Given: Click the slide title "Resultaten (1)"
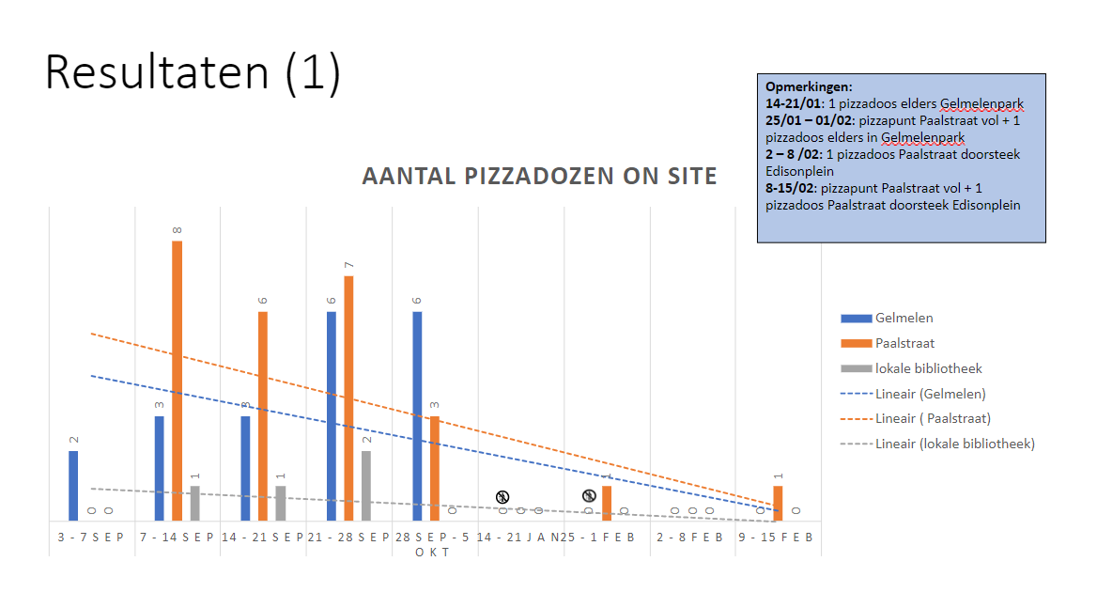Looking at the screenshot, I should click(193, 72).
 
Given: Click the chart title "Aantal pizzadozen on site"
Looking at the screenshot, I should click(539, 176).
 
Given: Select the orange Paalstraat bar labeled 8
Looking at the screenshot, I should click(177, 381).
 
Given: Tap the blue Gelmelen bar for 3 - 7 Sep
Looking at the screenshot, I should click(73, 486).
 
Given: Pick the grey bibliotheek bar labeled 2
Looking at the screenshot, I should click(366, 486).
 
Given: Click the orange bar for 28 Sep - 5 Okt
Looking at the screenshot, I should click(435, 468).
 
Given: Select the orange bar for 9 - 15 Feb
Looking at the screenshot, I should click(778, 503).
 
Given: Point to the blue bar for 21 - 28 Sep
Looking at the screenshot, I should click(332, 415).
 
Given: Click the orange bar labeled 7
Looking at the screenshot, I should click(348, 398).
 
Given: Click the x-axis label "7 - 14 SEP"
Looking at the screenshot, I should click(177, 538).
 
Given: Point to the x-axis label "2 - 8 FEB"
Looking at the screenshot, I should click(691, 538).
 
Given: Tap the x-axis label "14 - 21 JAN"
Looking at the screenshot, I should click(518, 538).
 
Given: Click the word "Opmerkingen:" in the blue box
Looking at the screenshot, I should click(809, 87).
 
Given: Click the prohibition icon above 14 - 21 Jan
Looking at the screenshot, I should click(502, 496).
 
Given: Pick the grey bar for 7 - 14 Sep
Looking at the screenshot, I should click(194, 503).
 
